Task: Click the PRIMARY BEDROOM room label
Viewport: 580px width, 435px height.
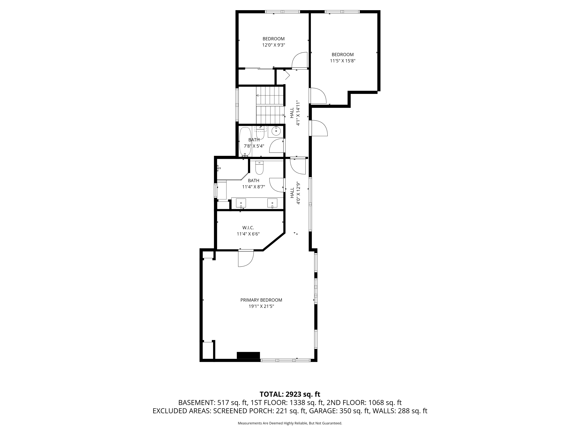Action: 261,300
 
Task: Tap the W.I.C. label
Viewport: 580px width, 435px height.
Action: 248,228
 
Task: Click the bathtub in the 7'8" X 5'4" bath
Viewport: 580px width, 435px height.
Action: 245,142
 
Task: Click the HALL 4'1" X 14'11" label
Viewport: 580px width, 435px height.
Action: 295,113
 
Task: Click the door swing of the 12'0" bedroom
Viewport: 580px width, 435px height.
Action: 300,60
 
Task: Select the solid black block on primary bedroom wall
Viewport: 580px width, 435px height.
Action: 248,355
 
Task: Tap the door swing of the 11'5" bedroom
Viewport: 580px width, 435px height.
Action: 318,96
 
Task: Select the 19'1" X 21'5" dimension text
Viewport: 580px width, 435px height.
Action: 261,306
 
